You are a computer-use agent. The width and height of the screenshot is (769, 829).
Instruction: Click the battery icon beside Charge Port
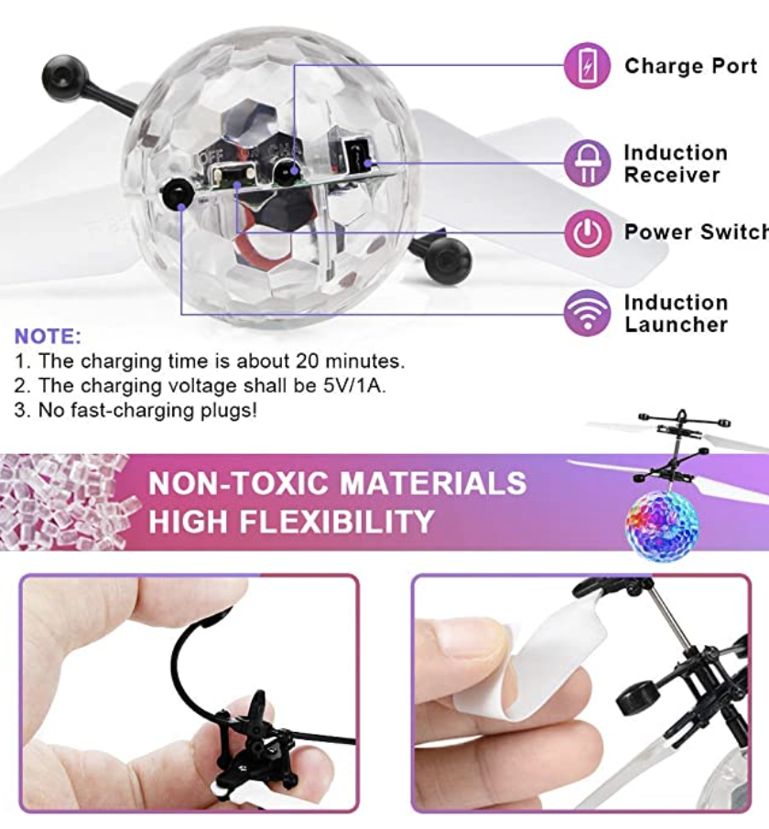click(x=587, y=66)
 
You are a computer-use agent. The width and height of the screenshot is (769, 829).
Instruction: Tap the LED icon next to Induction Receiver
click(x=587, y=163)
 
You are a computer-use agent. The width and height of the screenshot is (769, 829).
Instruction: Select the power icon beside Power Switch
click(x=587, y=232)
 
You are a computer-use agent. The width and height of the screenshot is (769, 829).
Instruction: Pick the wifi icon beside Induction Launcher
click(x=587, y=312)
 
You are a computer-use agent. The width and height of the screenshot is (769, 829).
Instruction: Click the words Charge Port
click(x=690, y=66)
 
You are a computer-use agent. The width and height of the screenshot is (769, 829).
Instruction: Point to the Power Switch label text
click(x=697, y=232)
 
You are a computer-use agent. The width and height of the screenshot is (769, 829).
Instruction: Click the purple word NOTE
click(x=48, y=336)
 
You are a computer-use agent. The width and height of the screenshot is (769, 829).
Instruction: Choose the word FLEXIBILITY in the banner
click(x=336, y=522)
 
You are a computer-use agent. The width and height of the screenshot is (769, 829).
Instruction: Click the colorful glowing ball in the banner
click(x=662, y=524)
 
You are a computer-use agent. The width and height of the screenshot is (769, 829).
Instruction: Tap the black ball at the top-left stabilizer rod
click(x=64, y=78)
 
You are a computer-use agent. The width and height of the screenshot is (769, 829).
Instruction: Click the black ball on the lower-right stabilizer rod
click(x=448, y=261)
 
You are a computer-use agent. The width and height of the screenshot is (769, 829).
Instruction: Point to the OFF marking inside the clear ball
click(x=211, y=156)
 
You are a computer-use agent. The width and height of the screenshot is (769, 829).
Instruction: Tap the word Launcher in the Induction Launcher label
click(x=677, y=325)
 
